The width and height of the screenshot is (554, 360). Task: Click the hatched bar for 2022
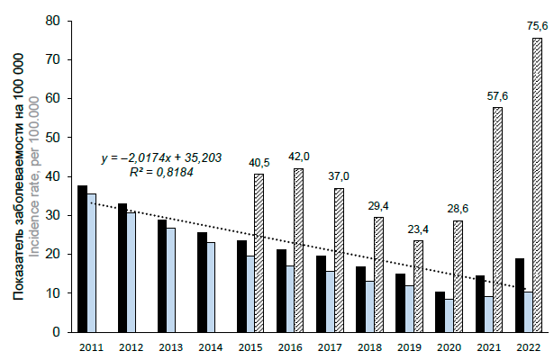pyautogui.click(x=537, y=184)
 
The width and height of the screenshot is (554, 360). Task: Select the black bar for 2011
pyautogui.click(x=82, y=258)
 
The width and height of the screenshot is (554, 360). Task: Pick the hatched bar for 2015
pyautogui.click(x=259, y=252)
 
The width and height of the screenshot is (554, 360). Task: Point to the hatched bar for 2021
pyautogui.click(x=497, y=220)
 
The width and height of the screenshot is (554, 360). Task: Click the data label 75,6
pyautogui.click(x=537, y=26)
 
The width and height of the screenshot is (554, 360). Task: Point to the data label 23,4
pyautogui.click(x=418, y=229)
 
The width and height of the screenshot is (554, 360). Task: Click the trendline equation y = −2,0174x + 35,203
pyautogui.click(x=160, y=158)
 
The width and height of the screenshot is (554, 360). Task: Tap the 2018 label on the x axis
pyautogui.click(x=369, y=347)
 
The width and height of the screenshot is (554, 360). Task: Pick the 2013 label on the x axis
pyautogui.click(x=171, y=347)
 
